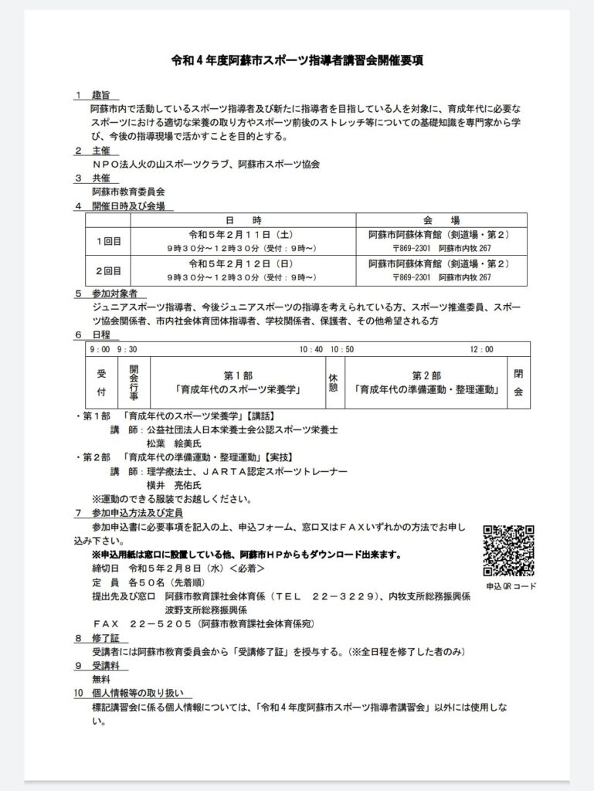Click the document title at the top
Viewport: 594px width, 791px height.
pos(296,60)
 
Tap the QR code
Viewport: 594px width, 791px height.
pos(509,550)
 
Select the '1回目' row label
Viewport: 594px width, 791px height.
pos(108,240)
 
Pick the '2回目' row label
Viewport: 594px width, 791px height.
pos(108,270)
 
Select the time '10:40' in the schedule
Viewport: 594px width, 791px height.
pos(311,349)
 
